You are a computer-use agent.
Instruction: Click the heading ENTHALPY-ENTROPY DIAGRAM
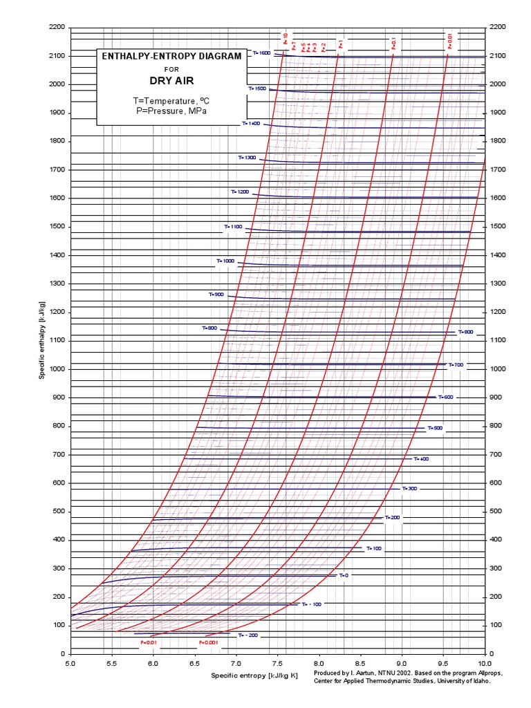coord(171,56)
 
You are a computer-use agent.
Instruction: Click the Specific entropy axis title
coord(254,675)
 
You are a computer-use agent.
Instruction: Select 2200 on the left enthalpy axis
coord(57,27)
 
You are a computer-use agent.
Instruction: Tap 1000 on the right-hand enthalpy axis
coord(498,369)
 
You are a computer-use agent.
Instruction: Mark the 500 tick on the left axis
coord(59,512)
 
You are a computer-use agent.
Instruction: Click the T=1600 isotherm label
coord(261,53)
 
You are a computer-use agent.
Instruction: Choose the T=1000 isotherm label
coord(225,261)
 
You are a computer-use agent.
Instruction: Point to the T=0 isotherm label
coord(344,575)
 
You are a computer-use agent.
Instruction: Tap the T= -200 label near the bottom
coord(248,635)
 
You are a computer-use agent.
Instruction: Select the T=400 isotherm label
coord(421,458)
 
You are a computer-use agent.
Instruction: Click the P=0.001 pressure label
coord(207,642)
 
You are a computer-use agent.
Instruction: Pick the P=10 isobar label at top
coord(285,38)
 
